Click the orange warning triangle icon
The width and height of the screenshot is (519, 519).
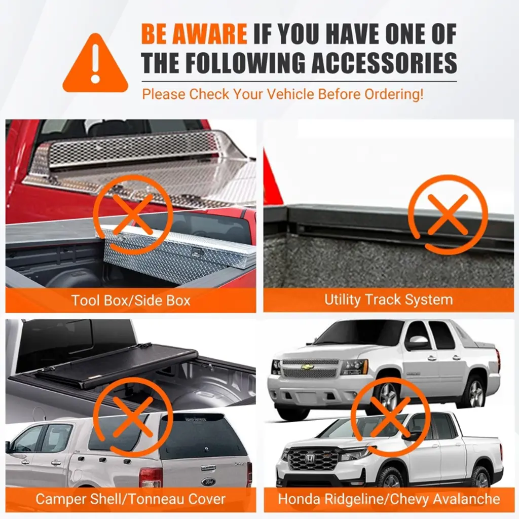pos(95,64)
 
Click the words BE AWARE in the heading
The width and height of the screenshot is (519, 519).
pos(194,33)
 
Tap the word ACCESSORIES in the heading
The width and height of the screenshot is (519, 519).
pos(384,62)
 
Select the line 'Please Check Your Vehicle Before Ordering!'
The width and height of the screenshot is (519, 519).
pos(283,94)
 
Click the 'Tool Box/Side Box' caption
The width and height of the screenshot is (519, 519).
pos(131,300)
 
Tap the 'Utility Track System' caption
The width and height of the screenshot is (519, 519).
pos(389,300)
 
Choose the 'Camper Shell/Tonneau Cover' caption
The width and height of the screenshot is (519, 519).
pos(130,499)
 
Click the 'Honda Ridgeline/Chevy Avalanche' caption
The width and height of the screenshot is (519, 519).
pos(389,499)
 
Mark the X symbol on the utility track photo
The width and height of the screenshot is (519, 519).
pos(448,214)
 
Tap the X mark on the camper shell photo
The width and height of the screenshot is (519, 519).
pos(133,417)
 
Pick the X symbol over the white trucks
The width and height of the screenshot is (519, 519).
pos(391,417)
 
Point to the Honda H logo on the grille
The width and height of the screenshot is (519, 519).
pos(310,458)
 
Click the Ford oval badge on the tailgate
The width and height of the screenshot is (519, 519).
pos(208,482)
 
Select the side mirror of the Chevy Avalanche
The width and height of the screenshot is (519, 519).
pos(417,343)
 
